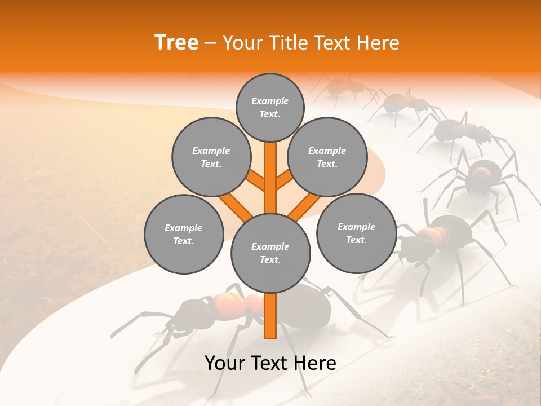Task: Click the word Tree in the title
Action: coord(176,42)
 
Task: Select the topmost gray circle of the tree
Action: coord(270,107)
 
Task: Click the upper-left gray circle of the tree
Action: coord(211,157)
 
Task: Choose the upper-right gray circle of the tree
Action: coord(327,157)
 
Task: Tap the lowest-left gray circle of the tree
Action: coord(184,234)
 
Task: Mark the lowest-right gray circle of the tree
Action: coord(356,233)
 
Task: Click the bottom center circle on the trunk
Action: coord(270,253)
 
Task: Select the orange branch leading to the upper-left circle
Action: coord(256,180)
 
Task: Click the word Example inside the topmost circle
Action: coord(270,101)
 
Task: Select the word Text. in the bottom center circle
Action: coord(270,259)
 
